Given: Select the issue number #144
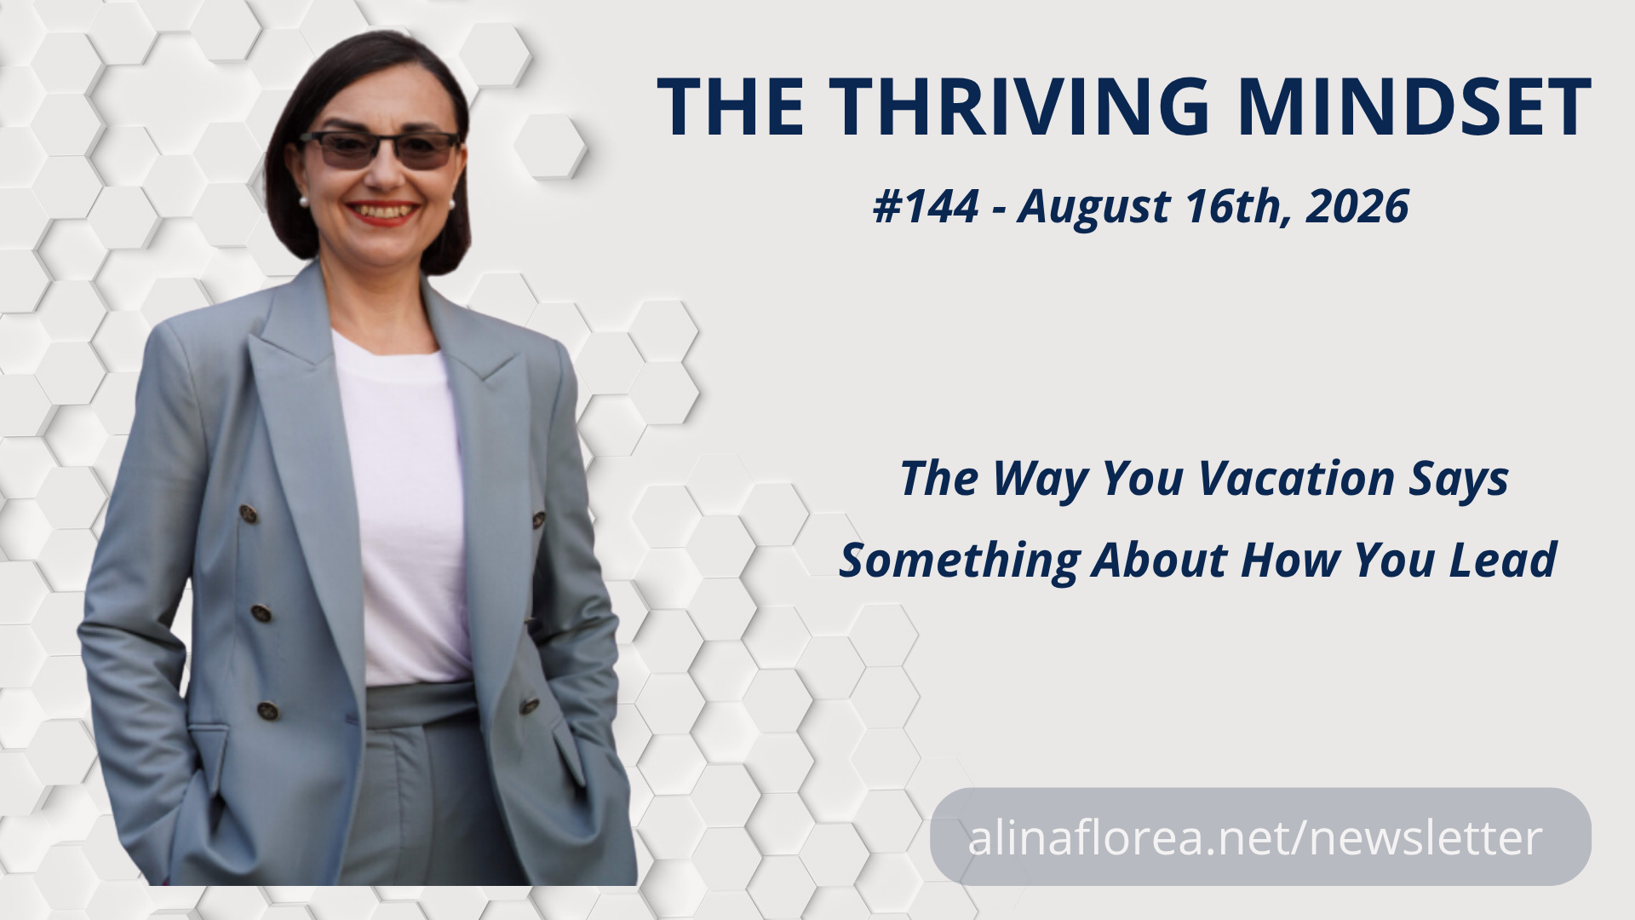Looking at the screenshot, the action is (x=926, y=206).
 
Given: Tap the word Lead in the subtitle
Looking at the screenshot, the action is (x=1509, y=560).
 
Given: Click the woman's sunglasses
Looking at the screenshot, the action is (x=380, y=150).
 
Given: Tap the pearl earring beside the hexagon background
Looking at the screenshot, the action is (x=301, y=202).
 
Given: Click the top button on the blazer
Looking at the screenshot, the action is (x=248, y=514).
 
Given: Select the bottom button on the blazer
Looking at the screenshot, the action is (x=268, y=710).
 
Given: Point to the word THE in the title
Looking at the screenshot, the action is (x=730, y=106).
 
